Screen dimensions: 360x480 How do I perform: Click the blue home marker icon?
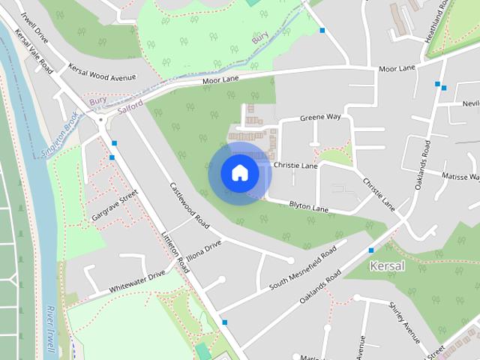[239, 172]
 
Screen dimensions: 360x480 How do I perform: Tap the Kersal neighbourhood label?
[387, 266]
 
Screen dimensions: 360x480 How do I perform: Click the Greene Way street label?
[320, 118]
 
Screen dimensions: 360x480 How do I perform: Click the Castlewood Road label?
[189, 205]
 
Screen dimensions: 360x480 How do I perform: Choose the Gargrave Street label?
[115, 205]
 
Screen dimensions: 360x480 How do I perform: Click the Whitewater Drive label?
[136, 281]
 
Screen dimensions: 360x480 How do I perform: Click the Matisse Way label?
[459, 177]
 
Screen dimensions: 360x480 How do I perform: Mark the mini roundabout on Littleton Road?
[100, 119]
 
